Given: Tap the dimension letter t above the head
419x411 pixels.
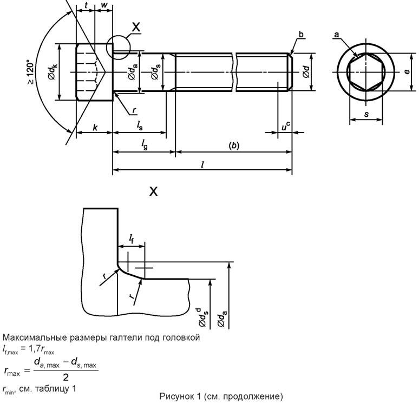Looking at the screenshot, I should click(x=86, y=6).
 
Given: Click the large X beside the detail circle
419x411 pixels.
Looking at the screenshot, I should click(x=136, y=26).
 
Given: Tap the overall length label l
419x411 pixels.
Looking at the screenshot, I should click(x=202, y=164).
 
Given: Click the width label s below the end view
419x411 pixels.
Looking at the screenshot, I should click(x=366, y=114).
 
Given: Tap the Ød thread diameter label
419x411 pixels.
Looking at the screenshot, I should click(x=306, y=71).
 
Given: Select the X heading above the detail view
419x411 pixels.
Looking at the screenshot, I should click(x=153, y=191).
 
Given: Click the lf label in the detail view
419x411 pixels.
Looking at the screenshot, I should click(x=132, y=238).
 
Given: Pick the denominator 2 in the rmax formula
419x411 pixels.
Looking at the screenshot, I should click(x=65, y=377).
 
